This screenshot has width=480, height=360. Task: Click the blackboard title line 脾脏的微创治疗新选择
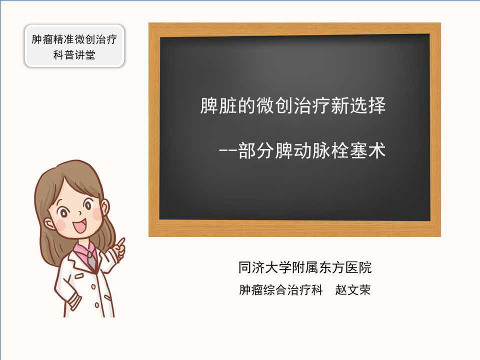(292, 105)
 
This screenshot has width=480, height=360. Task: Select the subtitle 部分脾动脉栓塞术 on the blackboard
(311, 150)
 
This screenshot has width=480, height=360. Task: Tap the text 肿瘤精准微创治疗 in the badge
(74, 39)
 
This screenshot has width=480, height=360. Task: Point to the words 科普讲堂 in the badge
(74, 55)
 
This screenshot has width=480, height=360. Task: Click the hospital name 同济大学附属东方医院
(305, 267)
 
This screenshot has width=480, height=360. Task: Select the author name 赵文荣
(352, 289)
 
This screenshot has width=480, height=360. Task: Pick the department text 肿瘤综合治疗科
(280, 289)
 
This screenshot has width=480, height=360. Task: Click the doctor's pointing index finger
(121, 242)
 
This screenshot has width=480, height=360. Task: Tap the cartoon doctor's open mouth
(80, 226)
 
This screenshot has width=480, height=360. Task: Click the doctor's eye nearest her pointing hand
(88, 204)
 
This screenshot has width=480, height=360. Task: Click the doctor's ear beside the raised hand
(105, 207)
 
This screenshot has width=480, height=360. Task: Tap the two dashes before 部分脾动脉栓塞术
(228, 150)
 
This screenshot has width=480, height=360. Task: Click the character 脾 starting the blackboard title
(209, 105)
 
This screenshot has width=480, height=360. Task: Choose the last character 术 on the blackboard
(376, 150)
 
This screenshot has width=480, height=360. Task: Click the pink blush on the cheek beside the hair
(61, 224)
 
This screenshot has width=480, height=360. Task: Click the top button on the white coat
(93, 287)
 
